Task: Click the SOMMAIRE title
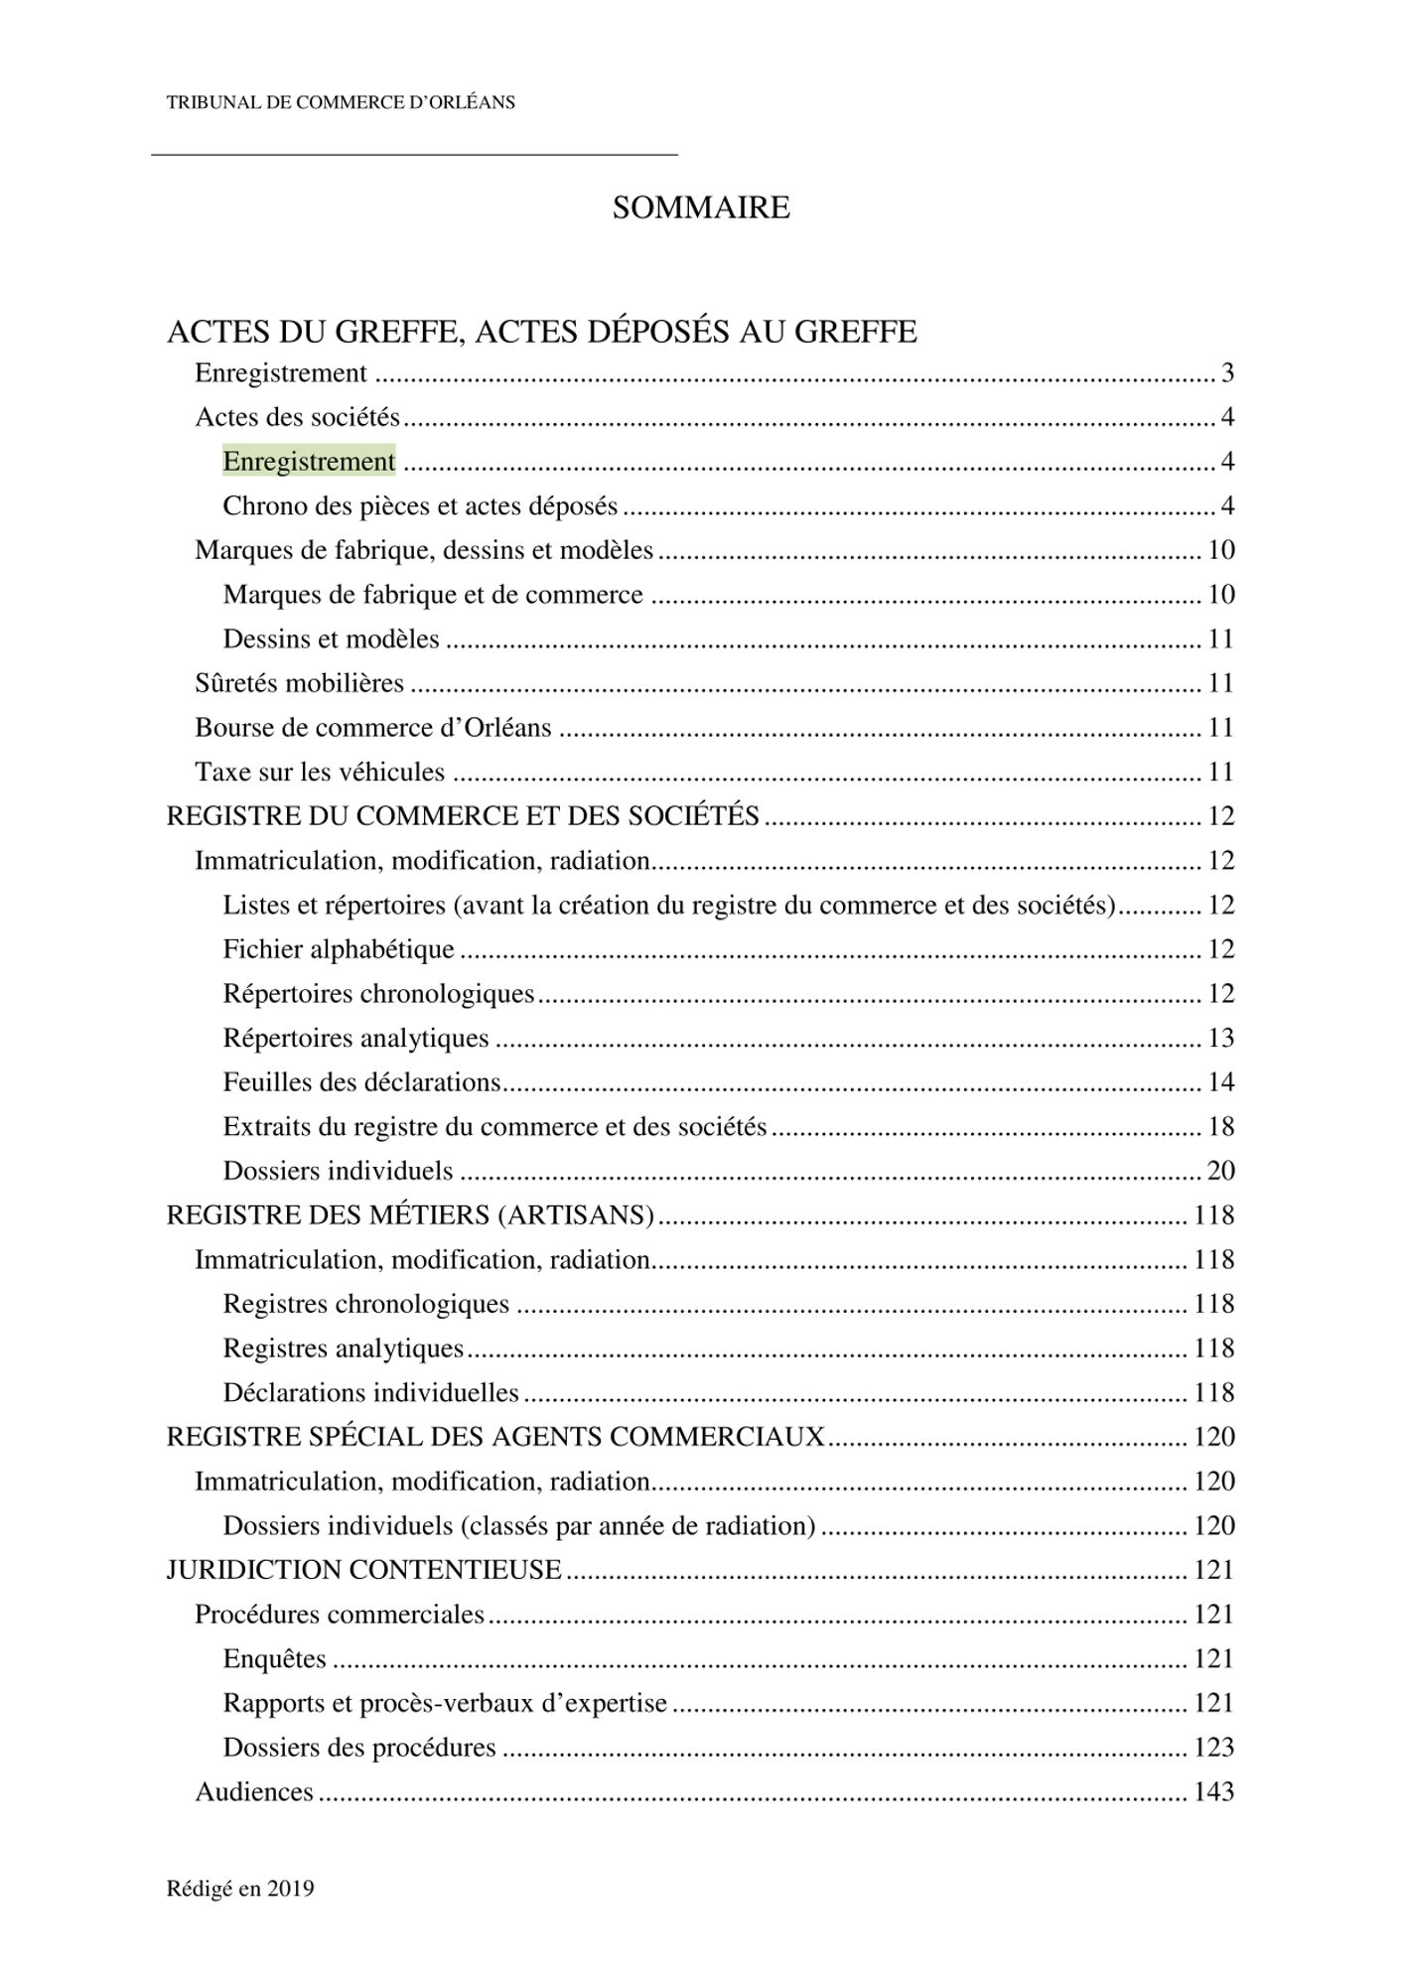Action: [701, 208]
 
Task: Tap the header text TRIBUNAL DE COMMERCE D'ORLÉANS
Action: [341, 102]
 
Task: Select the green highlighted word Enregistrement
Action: [309, 462]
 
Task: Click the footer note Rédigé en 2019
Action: [240, 1889]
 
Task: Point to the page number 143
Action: [1213, 1791]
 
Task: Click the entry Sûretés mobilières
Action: [299, 683]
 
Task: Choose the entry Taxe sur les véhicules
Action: [320, 772]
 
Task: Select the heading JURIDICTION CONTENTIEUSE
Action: [363, 1570]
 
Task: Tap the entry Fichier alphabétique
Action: [339, 949]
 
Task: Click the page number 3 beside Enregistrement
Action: [1227, 373]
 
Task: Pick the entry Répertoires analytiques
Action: [355, 1038]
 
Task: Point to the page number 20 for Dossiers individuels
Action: [1220, 1171]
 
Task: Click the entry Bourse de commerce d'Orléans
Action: [372, 728]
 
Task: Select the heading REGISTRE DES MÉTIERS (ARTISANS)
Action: [410, 1215]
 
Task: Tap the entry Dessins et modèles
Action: [331, 638]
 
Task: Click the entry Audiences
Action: [254, 1791]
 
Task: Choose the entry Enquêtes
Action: [274, 1658]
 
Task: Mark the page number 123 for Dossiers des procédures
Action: [1213, 1747]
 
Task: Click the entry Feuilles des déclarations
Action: [361, 1082]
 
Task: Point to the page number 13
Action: [1220, 1038]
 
